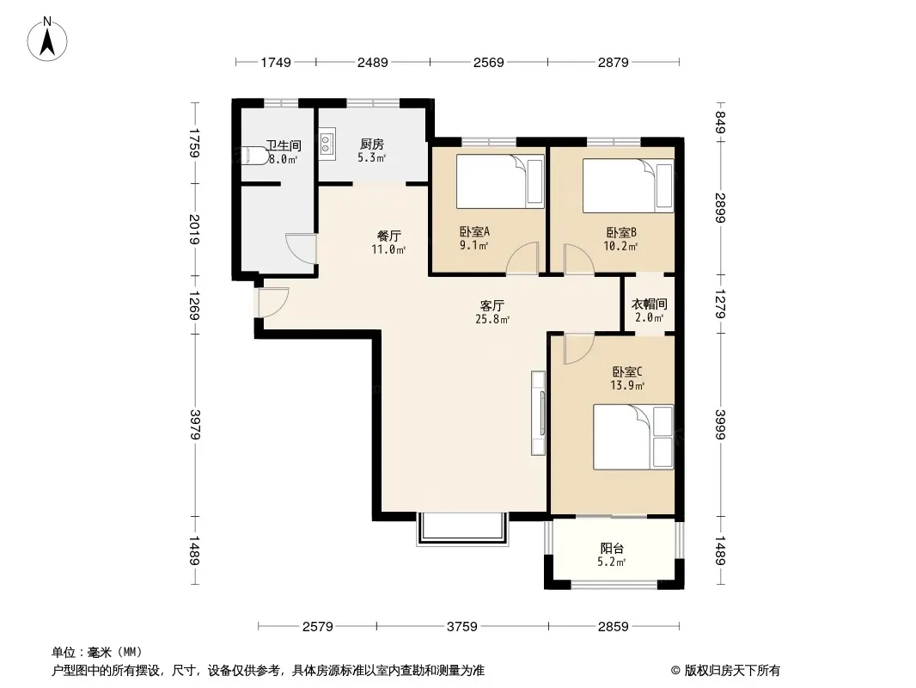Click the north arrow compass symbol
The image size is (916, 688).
47,40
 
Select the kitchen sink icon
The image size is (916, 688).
327,144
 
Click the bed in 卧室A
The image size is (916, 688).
500,181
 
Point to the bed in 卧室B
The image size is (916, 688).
628,186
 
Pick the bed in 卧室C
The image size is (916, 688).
633,437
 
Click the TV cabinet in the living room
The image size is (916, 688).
538,413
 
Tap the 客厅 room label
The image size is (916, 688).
492,305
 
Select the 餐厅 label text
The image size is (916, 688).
389,236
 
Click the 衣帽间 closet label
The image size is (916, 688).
649,304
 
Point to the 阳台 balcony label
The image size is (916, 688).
612,549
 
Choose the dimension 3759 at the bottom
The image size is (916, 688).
462,627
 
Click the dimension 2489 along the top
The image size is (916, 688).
373,62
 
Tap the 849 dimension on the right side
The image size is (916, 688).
720,122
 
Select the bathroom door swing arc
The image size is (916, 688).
300,248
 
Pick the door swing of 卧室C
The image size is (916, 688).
579,349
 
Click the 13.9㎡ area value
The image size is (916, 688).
626,386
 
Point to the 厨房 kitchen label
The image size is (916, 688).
371,144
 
